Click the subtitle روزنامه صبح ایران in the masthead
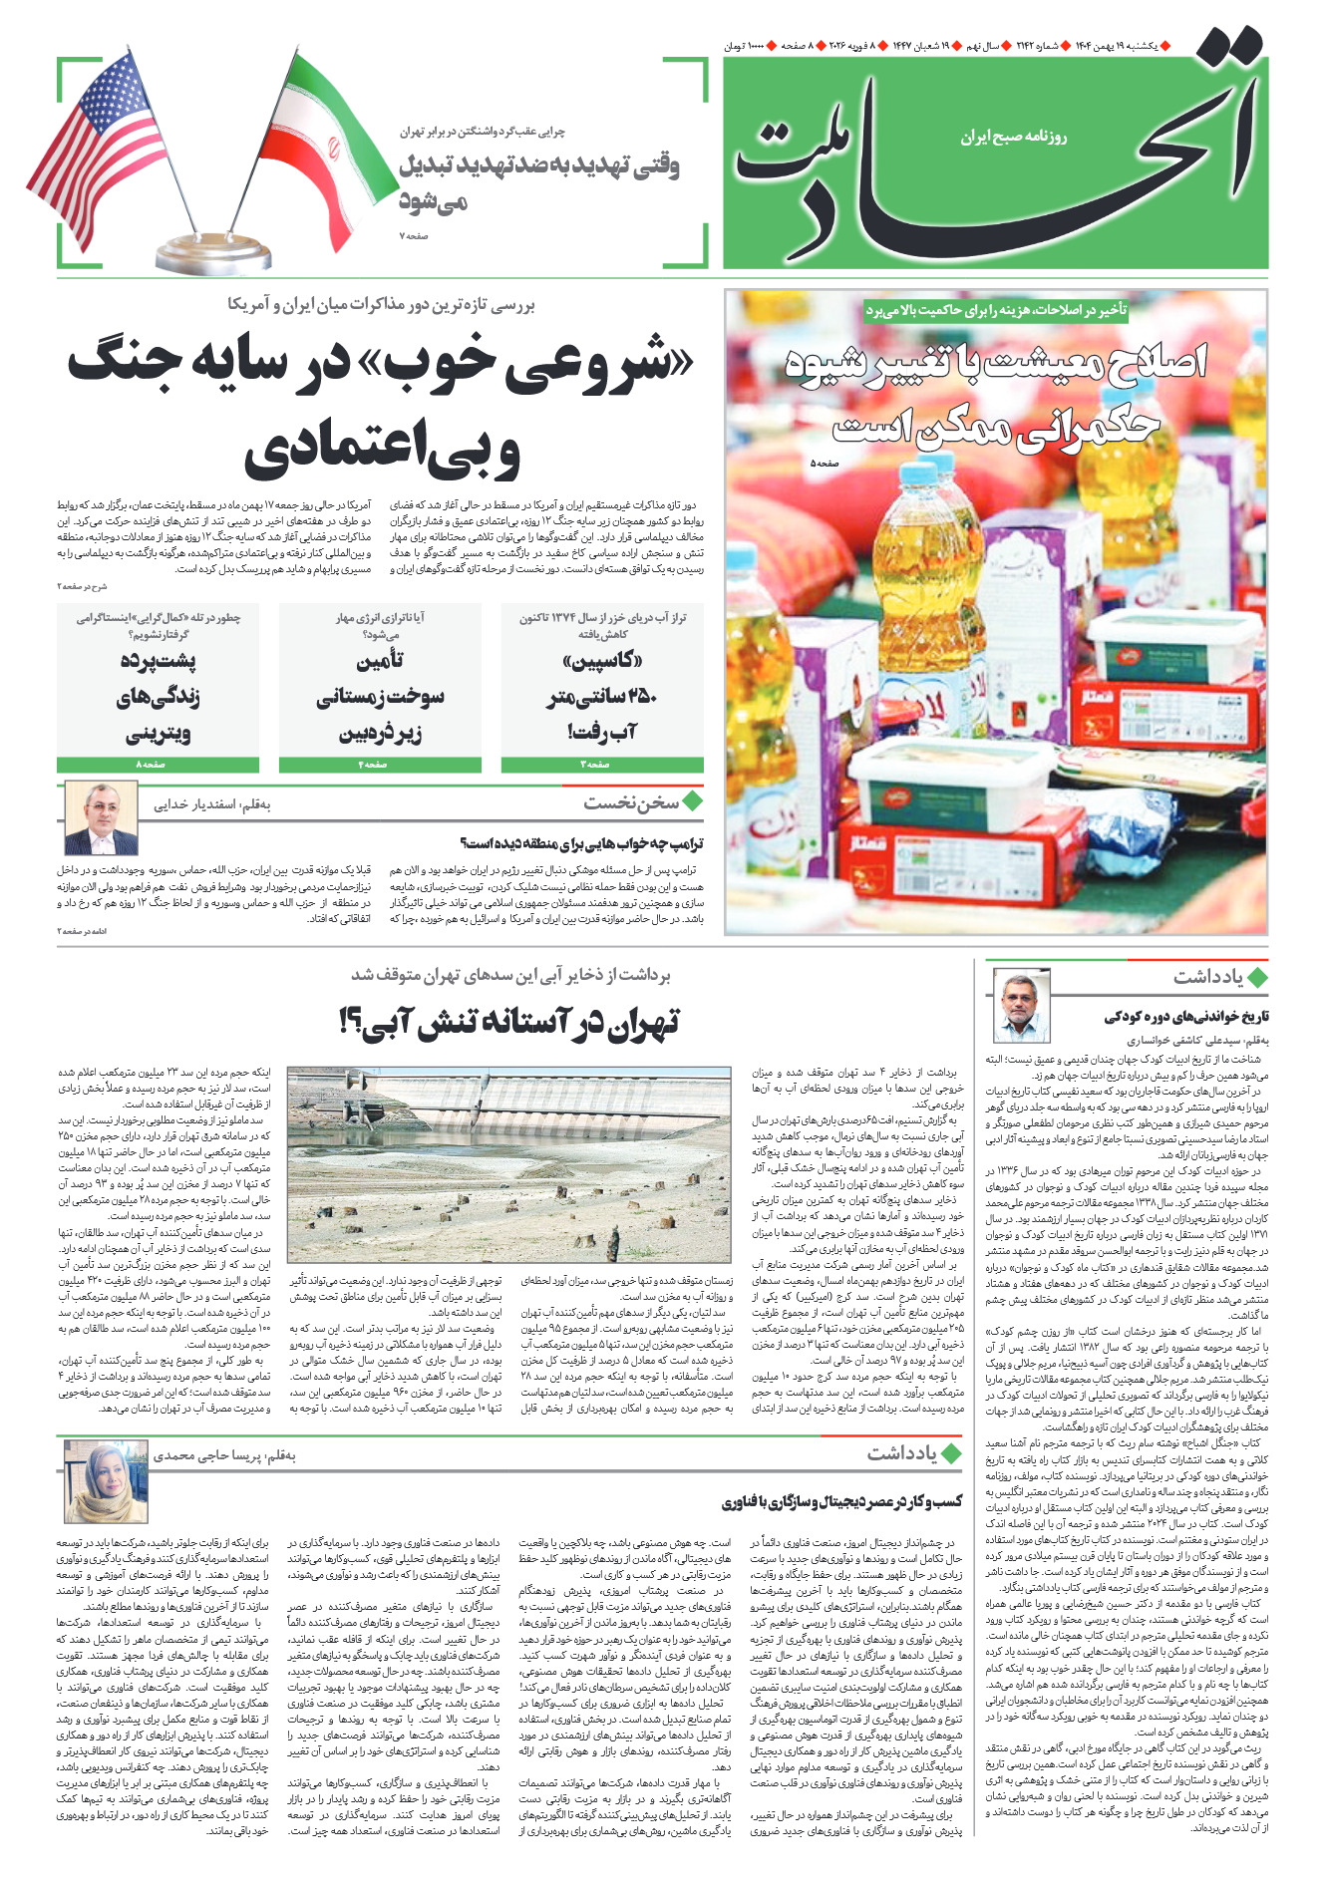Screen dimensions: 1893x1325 coord(1014,137)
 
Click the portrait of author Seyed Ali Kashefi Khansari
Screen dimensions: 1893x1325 coord(1022,1006)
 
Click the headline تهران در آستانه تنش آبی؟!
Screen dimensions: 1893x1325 coord(509,1022)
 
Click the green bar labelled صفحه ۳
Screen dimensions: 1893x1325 coord(602,765)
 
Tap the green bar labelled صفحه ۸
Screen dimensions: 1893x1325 coord(158,765)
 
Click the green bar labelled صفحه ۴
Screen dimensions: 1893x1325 coord(380,765)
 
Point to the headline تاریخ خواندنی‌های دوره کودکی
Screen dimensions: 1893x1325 coord(1185,1016)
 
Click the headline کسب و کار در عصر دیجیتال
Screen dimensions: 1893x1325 coord(842,1501)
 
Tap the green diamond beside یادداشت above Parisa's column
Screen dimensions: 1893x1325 coord(952,1453)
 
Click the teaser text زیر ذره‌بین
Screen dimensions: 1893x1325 coord(380,735)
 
